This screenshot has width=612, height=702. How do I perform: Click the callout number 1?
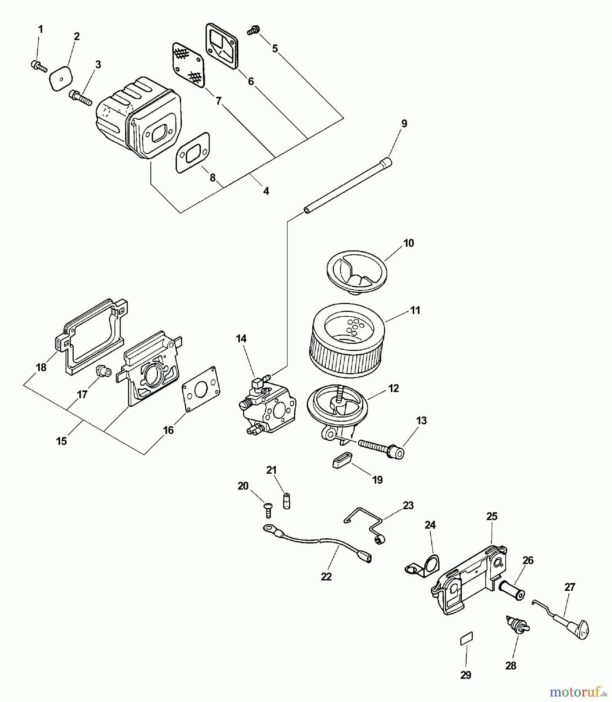[x=40, y=29]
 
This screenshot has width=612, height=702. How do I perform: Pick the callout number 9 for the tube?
[x=404, y=124]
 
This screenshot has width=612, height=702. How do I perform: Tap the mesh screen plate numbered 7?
[x=188, y=65]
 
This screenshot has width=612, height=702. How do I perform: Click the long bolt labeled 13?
[x=380, y=448]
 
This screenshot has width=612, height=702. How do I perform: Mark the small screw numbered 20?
[x=268, y=509]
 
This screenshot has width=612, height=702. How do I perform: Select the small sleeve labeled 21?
[x=287, y=501]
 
